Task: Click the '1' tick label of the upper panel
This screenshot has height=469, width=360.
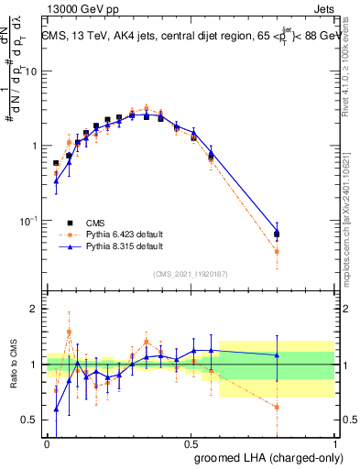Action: coord(34,147)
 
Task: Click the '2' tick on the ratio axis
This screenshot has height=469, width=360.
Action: coord(34,310)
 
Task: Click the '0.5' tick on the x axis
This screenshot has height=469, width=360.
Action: coord(191,443)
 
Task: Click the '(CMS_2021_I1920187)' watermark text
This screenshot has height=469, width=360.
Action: coord(191,274)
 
